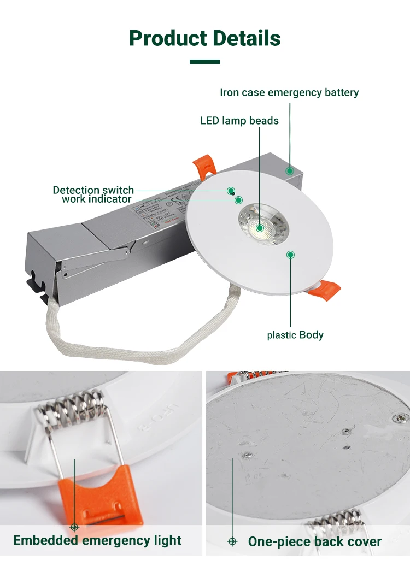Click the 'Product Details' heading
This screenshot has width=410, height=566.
205,38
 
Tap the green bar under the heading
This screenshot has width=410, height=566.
204,62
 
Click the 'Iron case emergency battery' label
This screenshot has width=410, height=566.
289,92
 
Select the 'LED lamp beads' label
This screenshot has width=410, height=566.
239,120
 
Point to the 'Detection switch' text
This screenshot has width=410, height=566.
93,190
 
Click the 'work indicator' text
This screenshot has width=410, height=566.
96,199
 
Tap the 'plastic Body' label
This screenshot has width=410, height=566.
295,335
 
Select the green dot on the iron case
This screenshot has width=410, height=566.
290,171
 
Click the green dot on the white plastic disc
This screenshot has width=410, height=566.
290,254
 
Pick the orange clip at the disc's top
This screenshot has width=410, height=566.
204,167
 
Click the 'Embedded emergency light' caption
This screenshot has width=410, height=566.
97,541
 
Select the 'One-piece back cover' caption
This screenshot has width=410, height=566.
314,541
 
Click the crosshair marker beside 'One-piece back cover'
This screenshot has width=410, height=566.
232,541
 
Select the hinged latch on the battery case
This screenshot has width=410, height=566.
96,261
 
